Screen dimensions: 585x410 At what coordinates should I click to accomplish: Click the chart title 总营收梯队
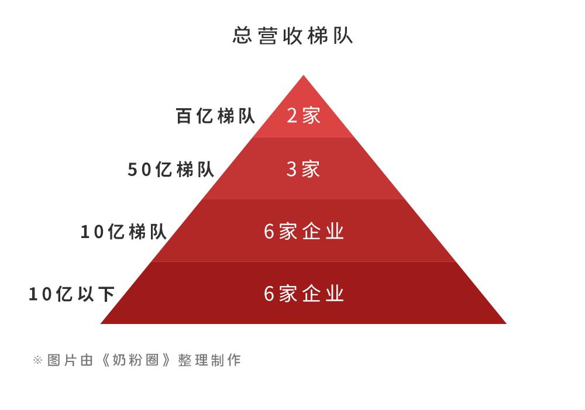coord(292,36)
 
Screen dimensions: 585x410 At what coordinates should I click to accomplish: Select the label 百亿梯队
coord(215,116)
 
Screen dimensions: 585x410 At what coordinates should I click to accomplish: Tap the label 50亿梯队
coord(171,170)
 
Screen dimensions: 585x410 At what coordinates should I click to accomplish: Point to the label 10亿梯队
coord(123,232)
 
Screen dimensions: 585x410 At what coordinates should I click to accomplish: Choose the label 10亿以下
coord(71,294)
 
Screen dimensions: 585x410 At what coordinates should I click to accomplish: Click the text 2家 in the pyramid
coord(304,115)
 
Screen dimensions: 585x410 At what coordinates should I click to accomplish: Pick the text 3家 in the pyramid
coord(304,169)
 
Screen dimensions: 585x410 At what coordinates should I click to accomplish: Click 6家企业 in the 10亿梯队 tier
coord(304,232)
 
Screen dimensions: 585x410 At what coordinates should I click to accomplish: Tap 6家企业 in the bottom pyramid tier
coord(304,294)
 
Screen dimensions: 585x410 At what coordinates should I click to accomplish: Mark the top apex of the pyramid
coord(303,76)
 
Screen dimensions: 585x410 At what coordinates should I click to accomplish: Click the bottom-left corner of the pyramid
coord(102,323)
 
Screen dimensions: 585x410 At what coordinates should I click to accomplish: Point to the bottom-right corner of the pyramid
coord(505,323)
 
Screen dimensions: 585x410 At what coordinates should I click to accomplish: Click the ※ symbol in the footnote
coord(37,360)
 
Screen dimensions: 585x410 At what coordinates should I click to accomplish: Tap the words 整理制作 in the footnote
coord(209,360)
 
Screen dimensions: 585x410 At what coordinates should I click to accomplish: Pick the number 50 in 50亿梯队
coord(140,170)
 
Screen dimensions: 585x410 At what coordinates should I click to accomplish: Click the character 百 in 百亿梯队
coord(184,116)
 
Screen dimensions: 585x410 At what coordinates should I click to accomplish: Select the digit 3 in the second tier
coord(292,170)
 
